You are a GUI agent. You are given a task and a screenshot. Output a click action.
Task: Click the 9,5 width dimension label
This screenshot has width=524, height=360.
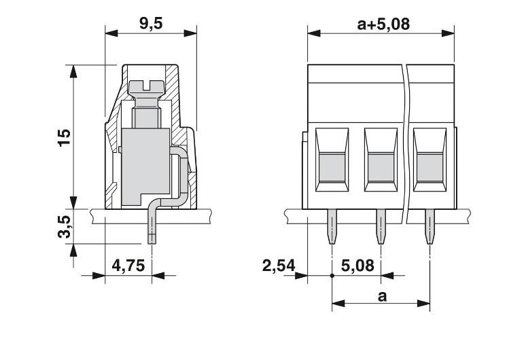click(151, 24)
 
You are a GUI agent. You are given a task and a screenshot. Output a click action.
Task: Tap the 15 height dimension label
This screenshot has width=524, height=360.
click(65, 137)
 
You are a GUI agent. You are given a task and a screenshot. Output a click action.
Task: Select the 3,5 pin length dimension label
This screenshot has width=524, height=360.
click(65, 227)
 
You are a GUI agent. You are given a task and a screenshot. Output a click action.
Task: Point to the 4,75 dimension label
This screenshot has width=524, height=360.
click(128, 266)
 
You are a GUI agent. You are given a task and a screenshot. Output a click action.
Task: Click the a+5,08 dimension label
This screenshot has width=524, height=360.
click(383, 24)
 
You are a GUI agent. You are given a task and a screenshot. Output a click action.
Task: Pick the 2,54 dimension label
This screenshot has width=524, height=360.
click(279, 266)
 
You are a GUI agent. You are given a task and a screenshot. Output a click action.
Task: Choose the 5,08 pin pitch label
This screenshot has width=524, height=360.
click(357, 266)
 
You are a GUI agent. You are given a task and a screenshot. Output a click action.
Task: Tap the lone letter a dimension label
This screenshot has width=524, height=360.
click(382, 296)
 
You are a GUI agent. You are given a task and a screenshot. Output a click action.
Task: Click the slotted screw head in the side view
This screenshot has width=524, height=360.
click(146, 87)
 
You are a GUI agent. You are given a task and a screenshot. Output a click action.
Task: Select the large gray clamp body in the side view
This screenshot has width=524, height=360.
click(145, 166)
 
